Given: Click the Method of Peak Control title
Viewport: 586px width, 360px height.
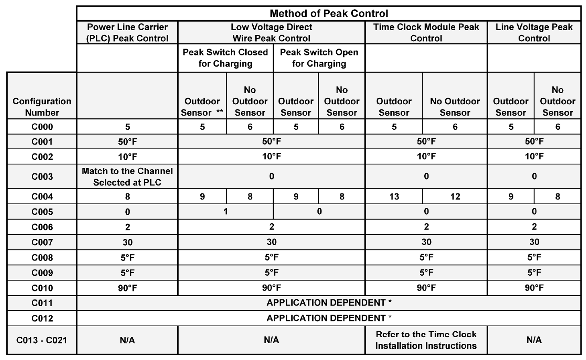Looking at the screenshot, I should [329, 13].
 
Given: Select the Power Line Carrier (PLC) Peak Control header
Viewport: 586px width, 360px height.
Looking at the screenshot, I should [127, 33].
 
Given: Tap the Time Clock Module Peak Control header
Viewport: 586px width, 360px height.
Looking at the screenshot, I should [426, 33].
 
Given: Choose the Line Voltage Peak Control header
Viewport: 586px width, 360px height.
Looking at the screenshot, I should [534, 33].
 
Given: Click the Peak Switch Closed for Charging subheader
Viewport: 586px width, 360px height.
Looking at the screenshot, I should [225, 58].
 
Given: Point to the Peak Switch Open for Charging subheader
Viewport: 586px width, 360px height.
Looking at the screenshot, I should [319, 58].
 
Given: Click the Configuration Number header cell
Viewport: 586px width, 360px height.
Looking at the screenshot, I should [42, 107].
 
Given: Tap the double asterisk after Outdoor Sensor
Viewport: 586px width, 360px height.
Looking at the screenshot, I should [220, 111].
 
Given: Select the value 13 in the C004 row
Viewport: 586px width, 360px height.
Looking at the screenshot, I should [394, 196].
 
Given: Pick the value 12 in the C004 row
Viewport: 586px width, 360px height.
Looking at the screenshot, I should [455, 196].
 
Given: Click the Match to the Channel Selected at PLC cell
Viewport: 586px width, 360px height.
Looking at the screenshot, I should [127, 177].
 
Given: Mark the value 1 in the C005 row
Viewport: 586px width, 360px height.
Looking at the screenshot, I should [226, 212].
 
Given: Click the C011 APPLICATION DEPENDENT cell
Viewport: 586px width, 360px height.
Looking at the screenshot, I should [329, 303].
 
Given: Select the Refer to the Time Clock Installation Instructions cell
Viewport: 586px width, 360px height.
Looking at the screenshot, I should [426, 340].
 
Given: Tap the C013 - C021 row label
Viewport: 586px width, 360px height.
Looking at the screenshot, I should [42, 340].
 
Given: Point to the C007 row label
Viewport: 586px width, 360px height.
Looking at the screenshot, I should [42, 242].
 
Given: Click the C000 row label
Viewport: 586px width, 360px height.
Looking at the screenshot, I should [42, 127].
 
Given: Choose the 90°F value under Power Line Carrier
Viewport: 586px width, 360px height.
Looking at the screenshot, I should [127, 288].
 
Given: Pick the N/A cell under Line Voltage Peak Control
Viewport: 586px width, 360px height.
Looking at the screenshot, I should [534, 340].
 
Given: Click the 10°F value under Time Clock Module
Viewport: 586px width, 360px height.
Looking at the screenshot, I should [426, 156].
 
